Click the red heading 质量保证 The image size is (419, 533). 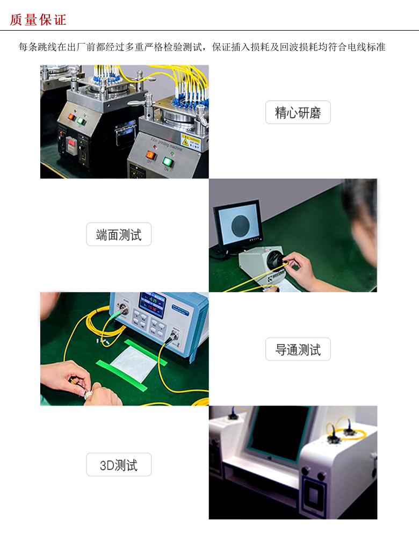(38, 20)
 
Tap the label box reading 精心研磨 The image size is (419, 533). (298, 112)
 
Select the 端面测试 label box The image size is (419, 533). (119, 234)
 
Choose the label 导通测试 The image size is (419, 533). (298, 349)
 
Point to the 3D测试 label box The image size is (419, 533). (119, 464)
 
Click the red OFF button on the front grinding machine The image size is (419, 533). (150, 155)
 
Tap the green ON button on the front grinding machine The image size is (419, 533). (168, 162)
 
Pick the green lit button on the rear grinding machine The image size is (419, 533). (81, 121)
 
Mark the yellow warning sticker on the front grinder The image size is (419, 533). (191, 141)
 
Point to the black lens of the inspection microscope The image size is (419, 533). (274, 260)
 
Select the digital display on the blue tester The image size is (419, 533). (153, 304)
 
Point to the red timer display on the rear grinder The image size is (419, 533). (70, 144)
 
